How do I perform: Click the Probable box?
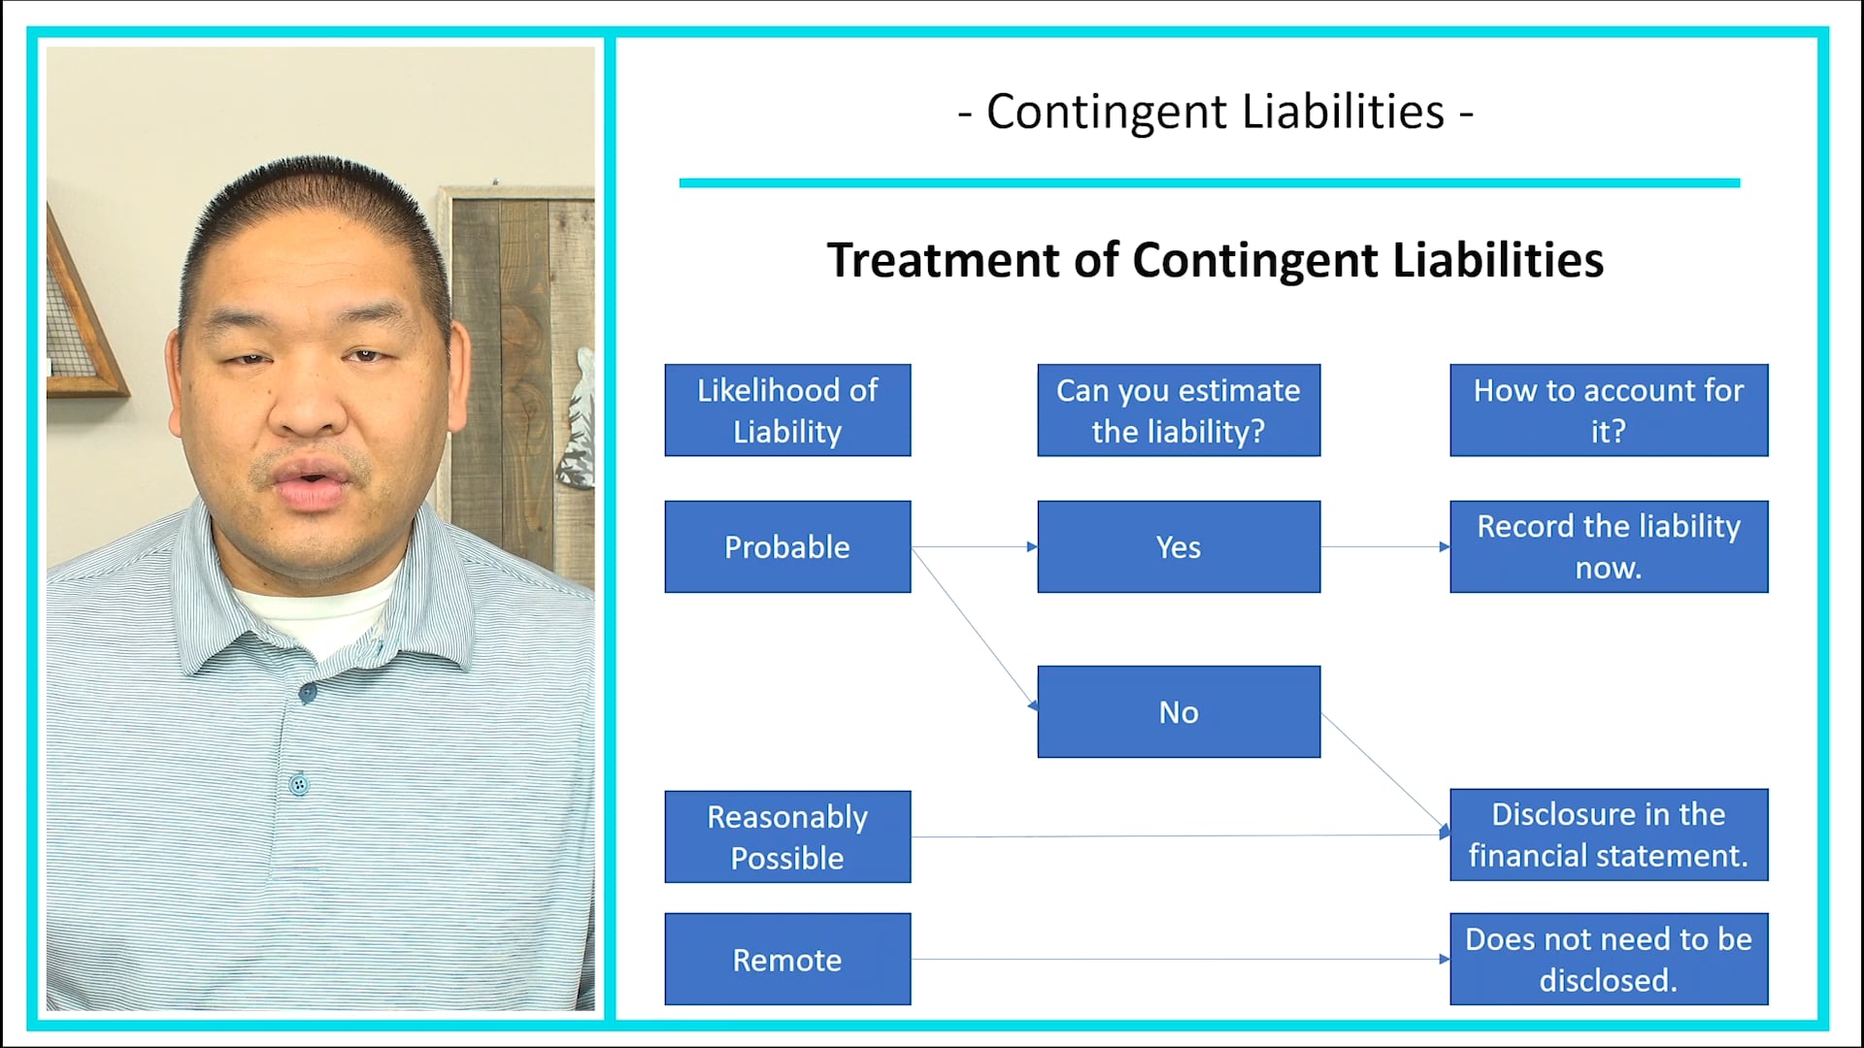pos(787,546)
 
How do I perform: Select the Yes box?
pos(1179,546)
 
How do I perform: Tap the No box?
pos(1179,711)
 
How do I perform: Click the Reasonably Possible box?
pos(787,836)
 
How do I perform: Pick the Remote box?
pos(787,959)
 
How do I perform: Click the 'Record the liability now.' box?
pos(1609,546)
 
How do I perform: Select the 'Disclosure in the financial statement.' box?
pos(1609,835)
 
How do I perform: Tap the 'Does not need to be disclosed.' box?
pos(1609,959)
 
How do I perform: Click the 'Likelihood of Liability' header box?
pos(787,409)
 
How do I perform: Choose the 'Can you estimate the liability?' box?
pos(1179,409)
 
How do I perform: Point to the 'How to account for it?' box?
pos(1609,409)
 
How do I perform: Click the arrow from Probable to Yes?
pos(974,547)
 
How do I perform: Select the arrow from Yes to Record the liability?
pos(1384,547)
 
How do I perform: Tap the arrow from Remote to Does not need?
pos(1180,960)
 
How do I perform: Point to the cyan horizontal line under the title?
pos(1209,182)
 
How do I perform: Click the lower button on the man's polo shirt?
pos(299,784)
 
